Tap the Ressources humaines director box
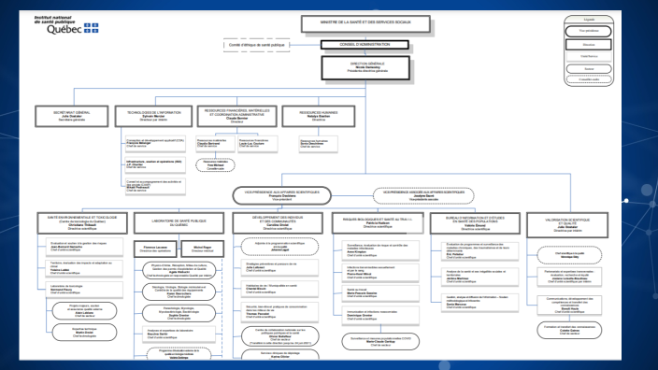319,116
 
